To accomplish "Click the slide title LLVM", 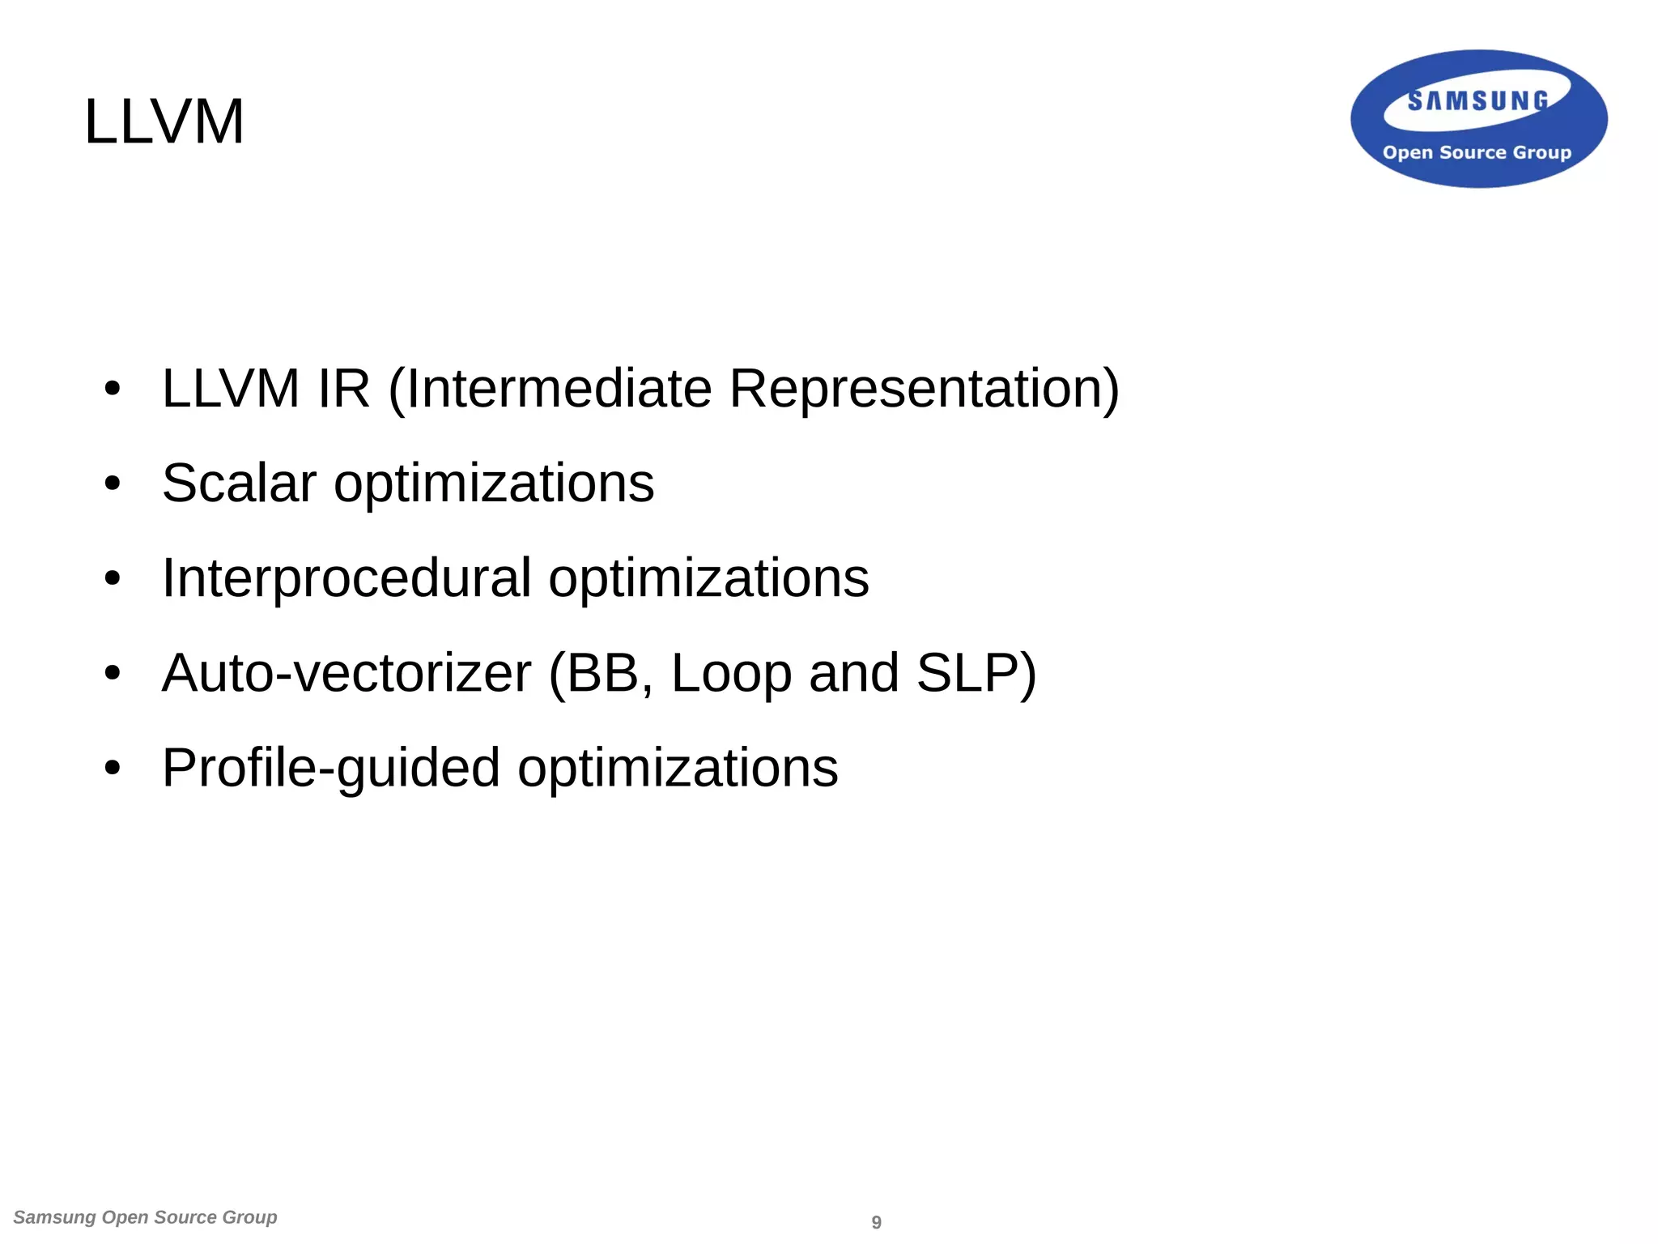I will coord(164,121).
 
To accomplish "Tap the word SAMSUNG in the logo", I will coord(1477,101).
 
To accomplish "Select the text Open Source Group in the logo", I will coord(1477,152).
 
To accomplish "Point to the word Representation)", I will coord(924,389).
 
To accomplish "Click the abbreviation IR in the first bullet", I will coord(344,389).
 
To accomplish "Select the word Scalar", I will coord(239,484).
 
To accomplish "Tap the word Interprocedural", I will coord(346,578).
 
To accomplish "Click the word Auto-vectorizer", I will coord(346,673).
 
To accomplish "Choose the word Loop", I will coord(731,673).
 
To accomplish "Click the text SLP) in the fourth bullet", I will coord(976,673).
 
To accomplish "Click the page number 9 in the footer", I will coord(876,1222).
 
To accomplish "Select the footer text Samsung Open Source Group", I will coord(146,1217).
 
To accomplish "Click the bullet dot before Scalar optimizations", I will coord(113,484).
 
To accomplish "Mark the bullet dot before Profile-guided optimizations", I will coord(113,769).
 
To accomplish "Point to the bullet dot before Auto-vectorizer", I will coord(113,674).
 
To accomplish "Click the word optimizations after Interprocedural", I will coord(708,578).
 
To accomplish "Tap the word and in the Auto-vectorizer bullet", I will coord(853,673).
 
